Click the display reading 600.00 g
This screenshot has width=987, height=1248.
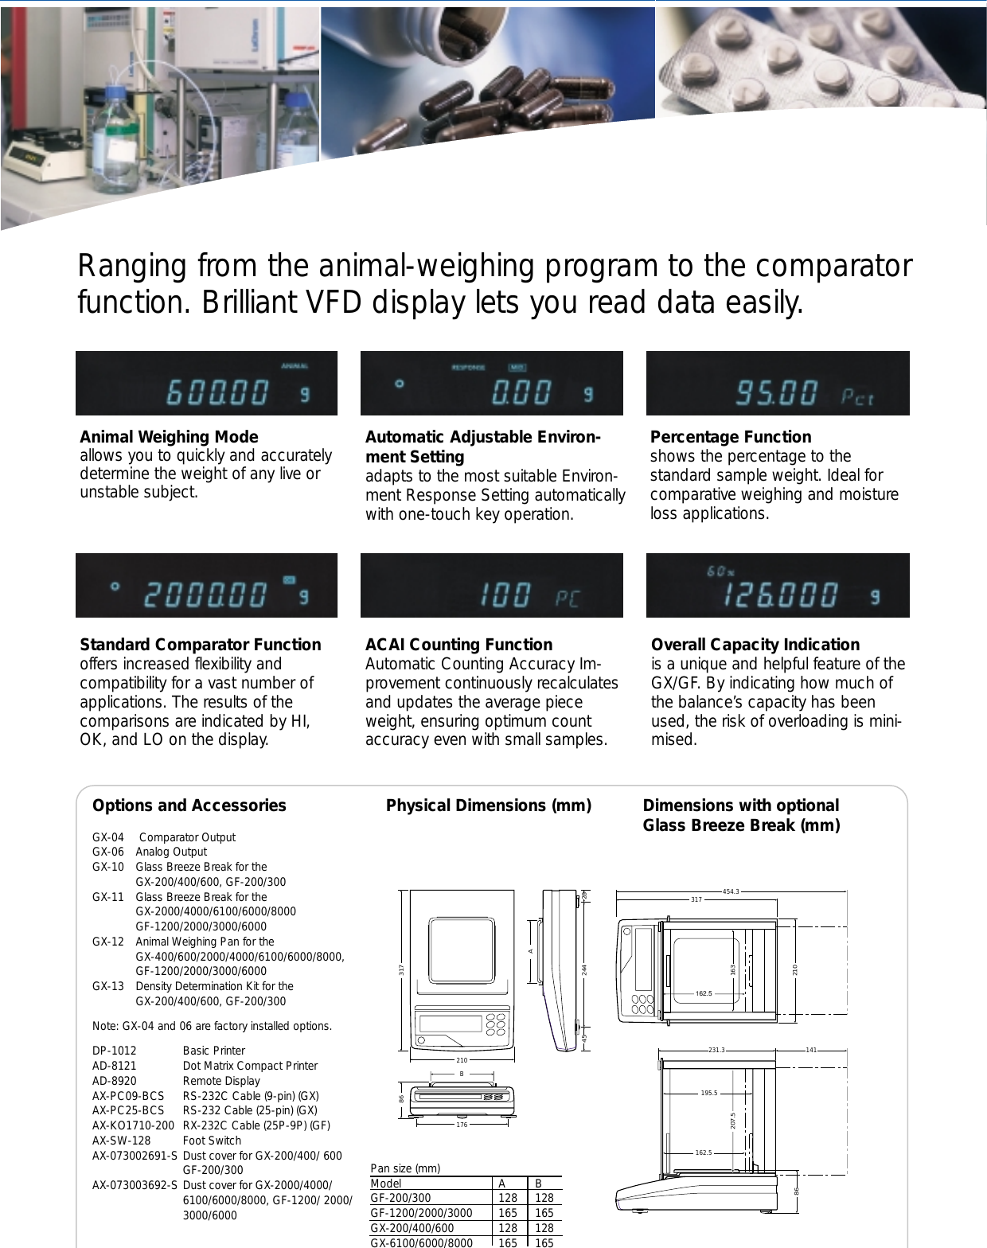pos(206,384)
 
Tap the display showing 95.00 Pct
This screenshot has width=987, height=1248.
pos(778,384)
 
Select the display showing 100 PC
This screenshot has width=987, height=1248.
pos(491,586)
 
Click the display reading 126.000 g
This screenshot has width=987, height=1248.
pos(778,586)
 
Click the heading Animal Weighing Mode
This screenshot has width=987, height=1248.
pos(169,437)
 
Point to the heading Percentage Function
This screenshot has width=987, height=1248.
pos(731,437)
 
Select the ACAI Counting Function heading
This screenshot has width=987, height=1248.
pos(458,645)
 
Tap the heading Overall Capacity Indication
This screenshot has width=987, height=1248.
pos(755,645)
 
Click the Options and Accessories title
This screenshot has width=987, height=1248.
pos(189,805)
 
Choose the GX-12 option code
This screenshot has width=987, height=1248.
pos(108,942)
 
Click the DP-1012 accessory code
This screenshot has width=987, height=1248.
pos(115,1051)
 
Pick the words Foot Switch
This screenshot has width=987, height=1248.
pos(212,1141)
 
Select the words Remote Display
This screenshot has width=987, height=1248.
pos(221,1081)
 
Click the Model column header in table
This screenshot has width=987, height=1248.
pos(386,1184)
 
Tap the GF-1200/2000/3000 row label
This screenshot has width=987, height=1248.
pos(421,1213)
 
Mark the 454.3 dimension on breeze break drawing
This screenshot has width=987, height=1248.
pos(730,891)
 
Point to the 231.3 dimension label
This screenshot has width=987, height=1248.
pos(716,1050)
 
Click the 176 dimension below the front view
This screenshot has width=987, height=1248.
pos(462,1125)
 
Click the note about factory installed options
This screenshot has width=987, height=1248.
pos(212,1026)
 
